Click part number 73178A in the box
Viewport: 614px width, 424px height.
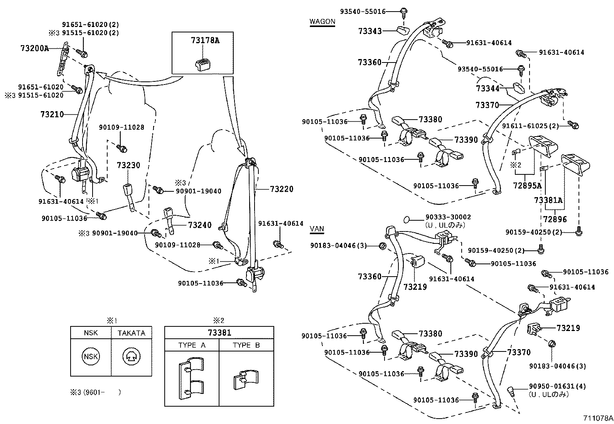pos(205,40)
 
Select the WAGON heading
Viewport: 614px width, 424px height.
pos(322,22)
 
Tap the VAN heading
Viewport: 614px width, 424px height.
pos(317,229)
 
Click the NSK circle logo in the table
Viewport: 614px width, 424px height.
pos(91,356)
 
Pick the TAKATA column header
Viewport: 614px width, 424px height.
pos(132,333)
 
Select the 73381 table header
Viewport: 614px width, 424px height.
pos(219,333)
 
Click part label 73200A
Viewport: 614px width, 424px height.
pos(35,48)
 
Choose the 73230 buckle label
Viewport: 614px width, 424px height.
pos(128,165)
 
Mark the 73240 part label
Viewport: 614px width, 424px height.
pos(200,225)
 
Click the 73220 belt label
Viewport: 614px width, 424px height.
pos(282,189)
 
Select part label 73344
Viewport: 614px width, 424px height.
pos(487,89)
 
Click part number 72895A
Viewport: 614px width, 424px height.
pos(527,186)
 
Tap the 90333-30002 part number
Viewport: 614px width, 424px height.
pos(448,218)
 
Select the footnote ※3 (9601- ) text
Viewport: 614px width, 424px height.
pos(95,392)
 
